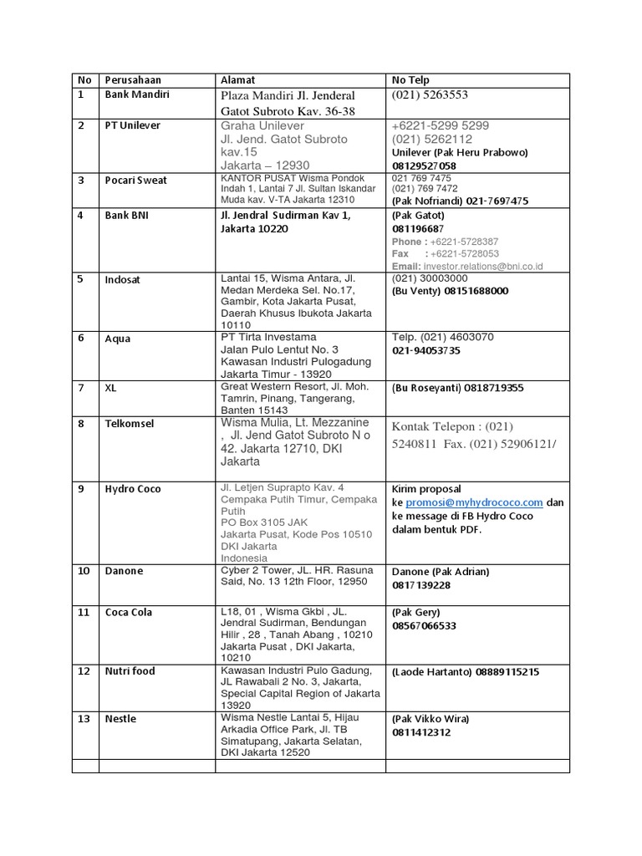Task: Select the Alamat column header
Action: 237,80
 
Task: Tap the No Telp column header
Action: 410,80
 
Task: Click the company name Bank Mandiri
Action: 137,94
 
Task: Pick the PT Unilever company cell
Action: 133,125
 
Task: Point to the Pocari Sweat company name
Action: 136,181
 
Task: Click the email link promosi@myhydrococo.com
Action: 474,502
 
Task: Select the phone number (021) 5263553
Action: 430,95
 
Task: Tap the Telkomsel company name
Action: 130,424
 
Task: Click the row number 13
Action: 83,719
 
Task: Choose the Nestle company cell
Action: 120,719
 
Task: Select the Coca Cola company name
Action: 129,613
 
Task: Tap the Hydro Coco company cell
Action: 133,489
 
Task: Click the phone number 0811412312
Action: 421,732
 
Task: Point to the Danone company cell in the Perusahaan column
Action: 124,571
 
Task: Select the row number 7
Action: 81,388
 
